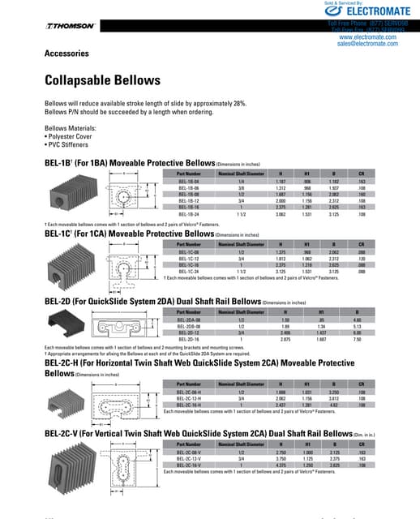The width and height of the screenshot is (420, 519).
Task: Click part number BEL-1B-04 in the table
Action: [188, 181]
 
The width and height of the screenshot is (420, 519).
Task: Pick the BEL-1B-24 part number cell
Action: [188, 215]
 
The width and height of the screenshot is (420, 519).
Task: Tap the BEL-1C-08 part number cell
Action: [188, 252]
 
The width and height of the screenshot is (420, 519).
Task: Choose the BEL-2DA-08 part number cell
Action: [188, 321]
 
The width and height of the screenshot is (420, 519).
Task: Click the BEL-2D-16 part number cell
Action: [188, 341]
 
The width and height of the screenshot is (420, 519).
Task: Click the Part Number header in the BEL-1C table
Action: [188, 244]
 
